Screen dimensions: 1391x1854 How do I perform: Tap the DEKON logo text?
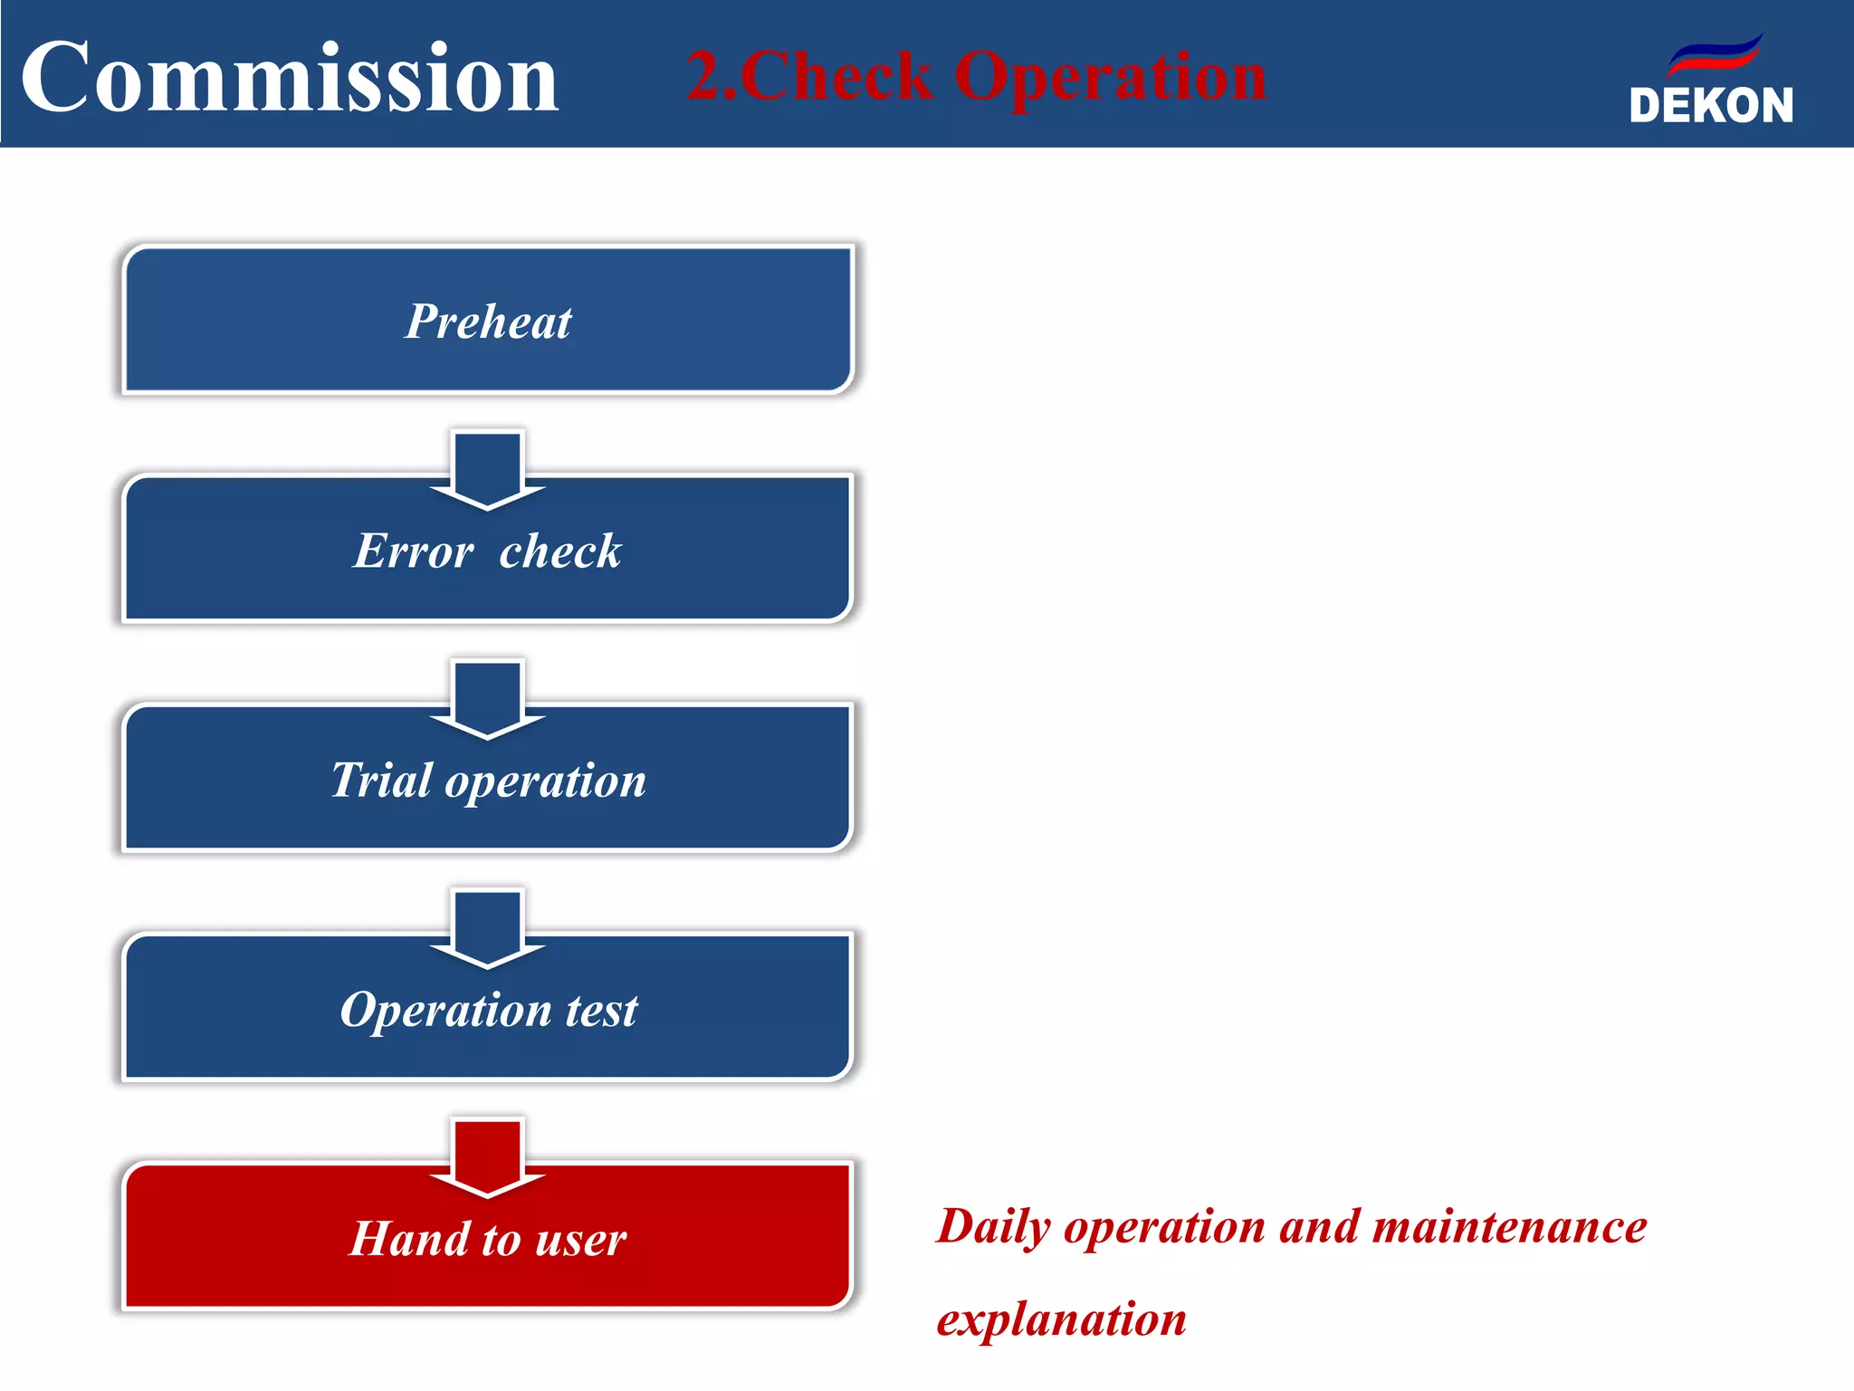click(x=1711, y=105)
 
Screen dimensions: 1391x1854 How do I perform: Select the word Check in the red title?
click(x=837, y=76)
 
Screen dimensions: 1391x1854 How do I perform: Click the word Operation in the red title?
click(x=1110, y=78)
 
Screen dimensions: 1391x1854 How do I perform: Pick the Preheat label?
click(x=488, y=321)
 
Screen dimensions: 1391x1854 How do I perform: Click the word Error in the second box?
click(x=413, y=551)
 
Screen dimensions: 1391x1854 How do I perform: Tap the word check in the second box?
click(x=560, y=551)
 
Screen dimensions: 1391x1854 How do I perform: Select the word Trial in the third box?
click(x=381, y=780)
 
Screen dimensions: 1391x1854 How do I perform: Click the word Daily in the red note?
click(x=993, y=1228)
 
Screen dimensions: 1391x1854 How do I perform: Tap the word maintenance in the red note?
click(x=1509, y=1228)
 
